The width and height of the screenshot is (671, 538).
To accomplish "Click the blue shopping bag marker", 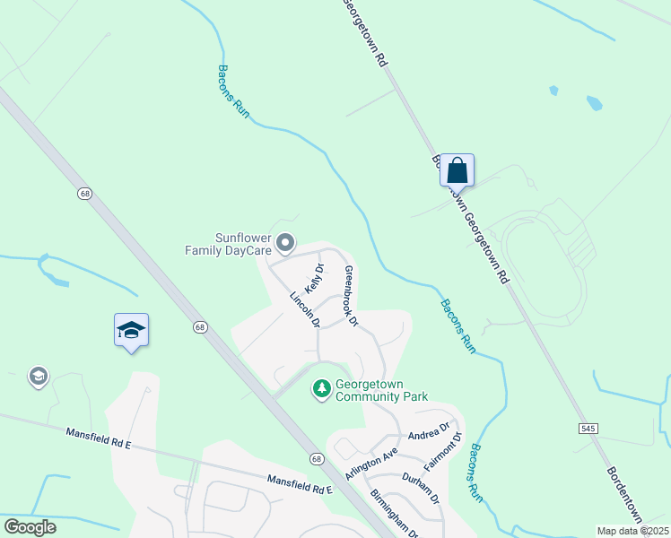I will pos(457,169).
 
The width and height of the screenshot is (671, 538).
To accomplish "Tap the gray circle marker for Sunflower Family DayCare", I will pos(285,242).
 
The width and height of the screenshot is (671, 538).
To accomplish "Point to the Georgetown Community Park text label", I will pos(381,390).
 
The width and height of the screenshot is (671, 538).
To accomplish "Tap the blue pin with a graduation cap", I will pos(131,330).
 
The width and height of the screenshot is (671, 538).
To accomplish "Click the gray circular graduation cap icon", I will pos(38,377).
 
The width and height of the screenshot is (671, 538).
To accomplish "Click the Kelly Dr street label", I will pos(314,279).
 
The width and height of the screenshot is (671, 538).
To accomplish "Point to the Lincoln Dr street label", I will pos(305,310).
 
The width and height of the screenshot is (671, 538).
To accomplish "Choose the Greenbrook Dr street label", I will pos(351,296).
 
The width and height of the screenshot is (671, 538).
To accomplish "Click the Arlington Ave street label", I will pos(370,465).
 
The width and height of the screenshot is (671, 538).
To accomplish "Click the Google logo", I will pos(30,527).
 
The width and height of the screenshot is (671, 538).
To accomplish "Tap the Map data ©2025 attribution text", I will pos(632,531).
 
